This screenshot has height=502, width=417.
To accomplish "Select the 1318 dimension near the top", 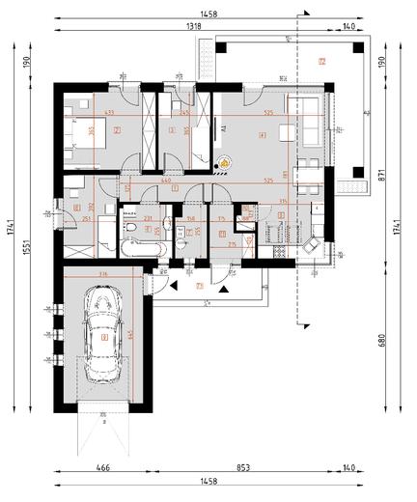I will coord(195,28).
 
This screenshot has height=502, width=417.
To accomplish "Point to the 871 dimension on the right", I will coord(381,176).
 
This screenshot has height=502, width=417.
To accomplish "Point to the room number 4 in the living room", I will coord(263,135).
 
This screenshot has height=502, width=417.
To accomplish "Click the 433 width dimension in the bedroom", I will coord(109,114).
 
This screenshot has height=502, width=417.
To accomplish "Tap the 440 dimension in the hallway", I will coord(165,181).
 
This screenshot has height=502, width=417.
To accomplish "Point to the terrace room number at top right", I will coord(322,61).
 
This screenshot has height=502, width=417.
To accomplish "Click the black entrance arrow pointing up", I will coord(223,287).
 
